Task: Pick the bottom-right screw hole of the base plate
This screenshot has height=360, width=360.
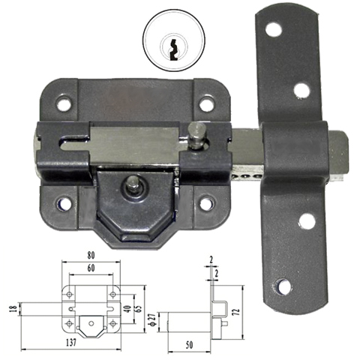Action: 206,203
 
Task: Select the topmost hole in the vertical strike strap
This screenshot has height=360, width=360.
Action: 274,30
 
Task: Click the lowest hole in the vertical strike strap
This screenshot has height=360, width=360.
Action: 283,286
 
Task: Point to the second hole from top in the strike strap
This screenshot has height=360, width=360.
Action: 301,90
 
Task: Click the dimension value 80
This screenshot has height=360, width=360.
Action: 90,255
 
